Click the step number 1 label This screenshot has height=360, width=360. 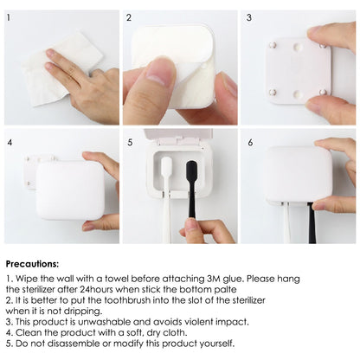(10, 17)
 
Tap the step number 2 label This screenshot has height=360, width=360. (129, 17)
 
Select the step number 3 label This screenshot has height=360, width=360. (249, 17)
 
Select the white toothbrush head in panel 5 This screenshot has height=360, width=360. (166, 168)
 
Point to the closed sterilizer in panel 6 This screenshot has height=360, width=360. (298, 173)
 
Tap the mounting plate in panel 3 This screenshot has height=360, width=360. (298, 69)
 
